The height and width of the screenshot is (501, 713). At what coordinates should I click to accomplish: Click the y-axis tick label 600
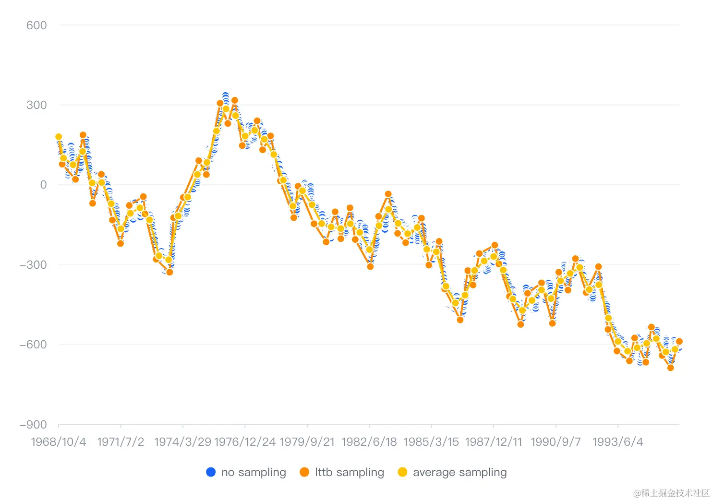click(36, 25)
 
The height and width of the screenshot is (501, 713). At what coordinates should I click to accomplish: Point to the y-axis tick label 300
click(36, 105)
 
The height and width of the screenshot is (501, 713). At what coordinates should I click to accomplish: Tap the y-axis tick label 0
click(43, 185)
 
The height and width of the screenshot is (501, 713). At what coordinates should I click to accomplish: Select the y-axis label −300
click(33, 265)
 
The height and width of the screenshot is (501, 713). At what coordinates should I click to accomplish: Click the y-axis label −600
click(33, 345)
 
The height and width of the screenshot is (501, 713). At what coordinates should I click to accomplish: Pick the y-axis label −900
click(33, 425)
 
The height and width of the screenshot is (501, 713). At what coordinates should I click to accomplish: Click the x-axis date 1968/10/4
click(59, 442)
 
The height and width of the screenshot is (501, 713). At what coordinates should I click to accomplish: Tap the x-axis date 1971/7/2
click(121, 442)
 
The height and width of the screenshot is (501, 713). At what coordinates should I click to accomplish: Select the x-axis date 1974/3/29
click(182, 442)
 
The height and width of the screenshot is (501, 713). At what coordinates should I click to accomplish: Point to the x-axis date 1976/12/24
click(245, 442)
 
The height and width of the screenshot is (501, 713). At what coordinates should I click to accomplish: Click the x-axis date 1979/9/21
click(307, 442)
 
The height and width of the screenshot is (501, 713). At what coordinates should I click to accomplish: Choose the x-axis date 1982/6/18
click(369, 442)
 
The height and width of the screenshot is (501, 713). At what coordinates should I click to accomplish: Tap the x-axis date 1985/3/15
click(431, 442)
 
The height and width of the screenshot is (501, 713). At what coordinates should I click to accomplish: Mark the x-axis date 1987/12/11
click(493, 442)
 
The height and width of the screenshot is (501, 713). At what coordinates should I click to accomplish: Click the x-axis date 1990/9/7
click(556, 442)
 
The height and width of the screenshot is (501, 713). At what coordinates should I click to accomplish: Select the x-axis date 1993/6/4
click(617, 442)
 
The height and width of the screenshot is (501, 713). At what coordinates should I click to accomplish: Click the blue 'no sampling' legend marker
click(211, 472)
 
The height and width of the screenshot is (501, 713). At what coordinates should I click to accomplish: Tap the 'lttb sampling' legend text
click(350, 472)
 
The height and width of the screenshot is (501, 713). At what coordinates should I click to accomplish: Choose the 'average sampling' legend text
click(459, 472)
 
